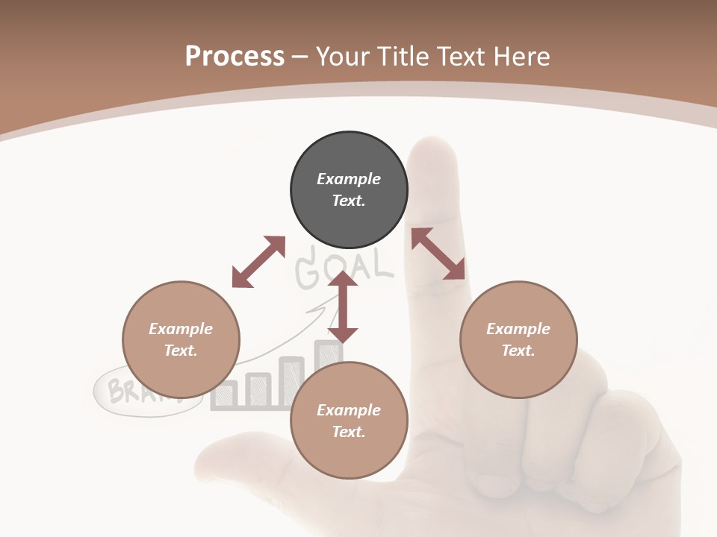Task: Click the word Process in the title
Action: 235,56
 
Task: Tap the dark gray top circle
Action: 349,189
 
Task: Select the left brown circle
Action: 181,339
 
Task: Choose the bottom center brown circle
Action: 349,421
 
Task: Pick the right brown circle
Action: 518,339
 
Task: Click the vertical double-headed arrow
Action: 343,307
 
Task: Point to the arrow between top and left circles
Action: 258,262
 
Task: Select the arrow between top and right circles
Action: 438,254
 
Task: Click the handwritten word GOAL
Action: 344,266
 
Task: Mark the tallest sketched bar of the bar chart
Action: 326,358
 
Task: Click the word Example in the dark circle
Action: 349,179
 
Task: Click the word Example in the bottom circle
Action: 349,410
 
